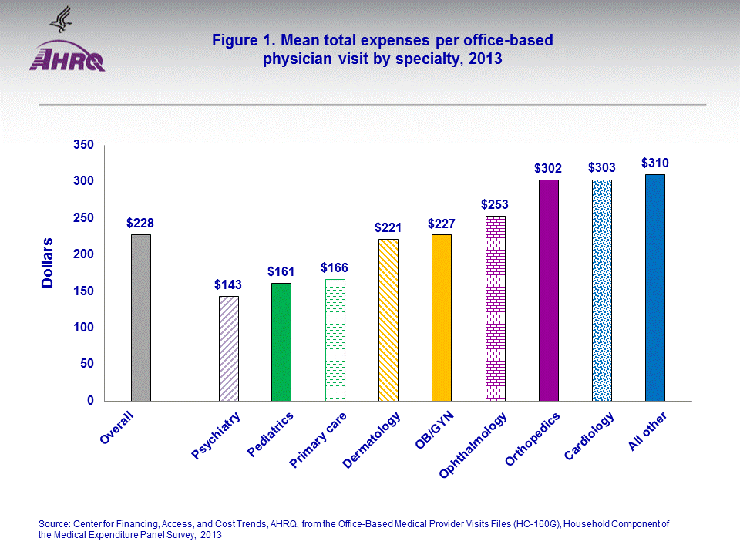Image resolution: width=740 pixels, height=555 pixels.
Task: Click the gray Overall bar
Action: point(140,318)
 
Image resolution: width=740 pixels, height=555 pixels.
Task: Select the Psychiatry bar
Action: point(229,348)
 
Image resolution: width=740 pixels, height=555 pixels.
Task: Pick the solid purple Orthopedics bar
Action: point(549,290)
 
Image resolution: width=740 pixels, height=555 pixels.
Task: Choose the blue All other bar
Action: point(654,288)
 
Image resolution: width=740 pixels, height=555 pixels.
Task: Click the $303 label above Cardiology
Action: point(602,167)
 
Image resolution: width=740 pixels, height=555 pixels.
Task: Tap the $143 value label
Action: point(228,284)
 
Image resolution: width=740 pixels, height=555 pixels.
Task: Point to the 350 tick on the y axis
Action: point(82,145)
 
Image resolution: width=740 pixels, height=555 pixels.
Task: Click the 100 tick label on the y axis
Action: point(82,328)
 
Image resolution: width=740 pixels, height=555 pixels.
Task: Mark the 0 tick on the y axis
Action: point(89,401)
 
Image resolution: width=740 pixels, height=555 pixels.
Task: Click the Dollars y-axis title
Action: point(48,263)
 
